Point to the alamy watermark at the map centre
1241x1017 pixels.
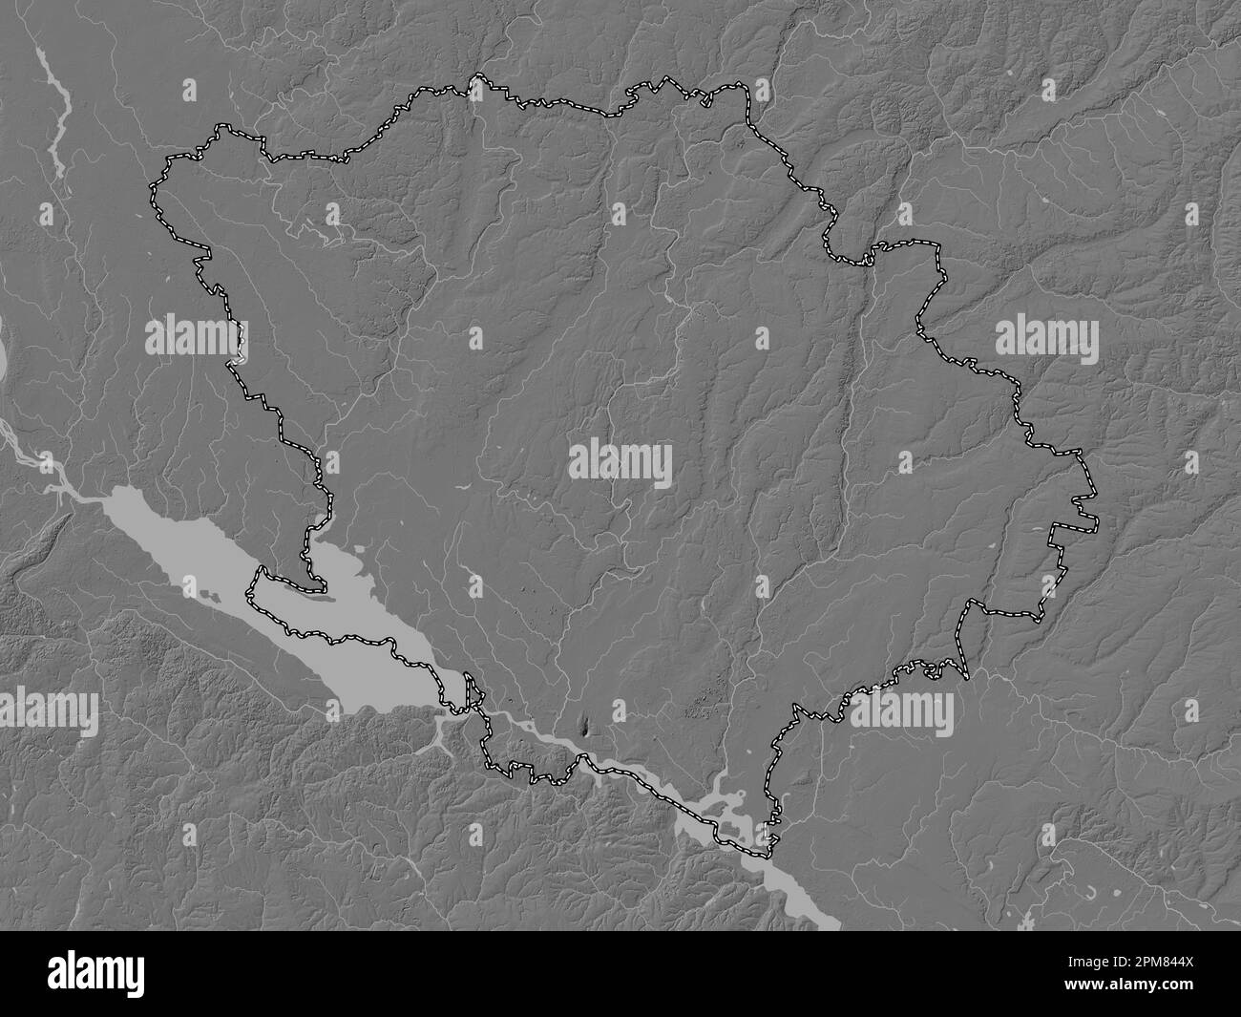click(620, 464)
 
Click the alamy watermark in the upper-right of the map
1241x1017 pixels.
click(1047, 339)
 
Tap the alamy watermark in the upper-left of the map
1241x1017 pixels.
click(196, 339)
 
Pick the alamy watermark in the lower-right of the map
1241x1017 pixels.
click(902, 710)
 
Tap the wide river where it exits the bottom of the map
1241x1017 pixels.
click(821, 917)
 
